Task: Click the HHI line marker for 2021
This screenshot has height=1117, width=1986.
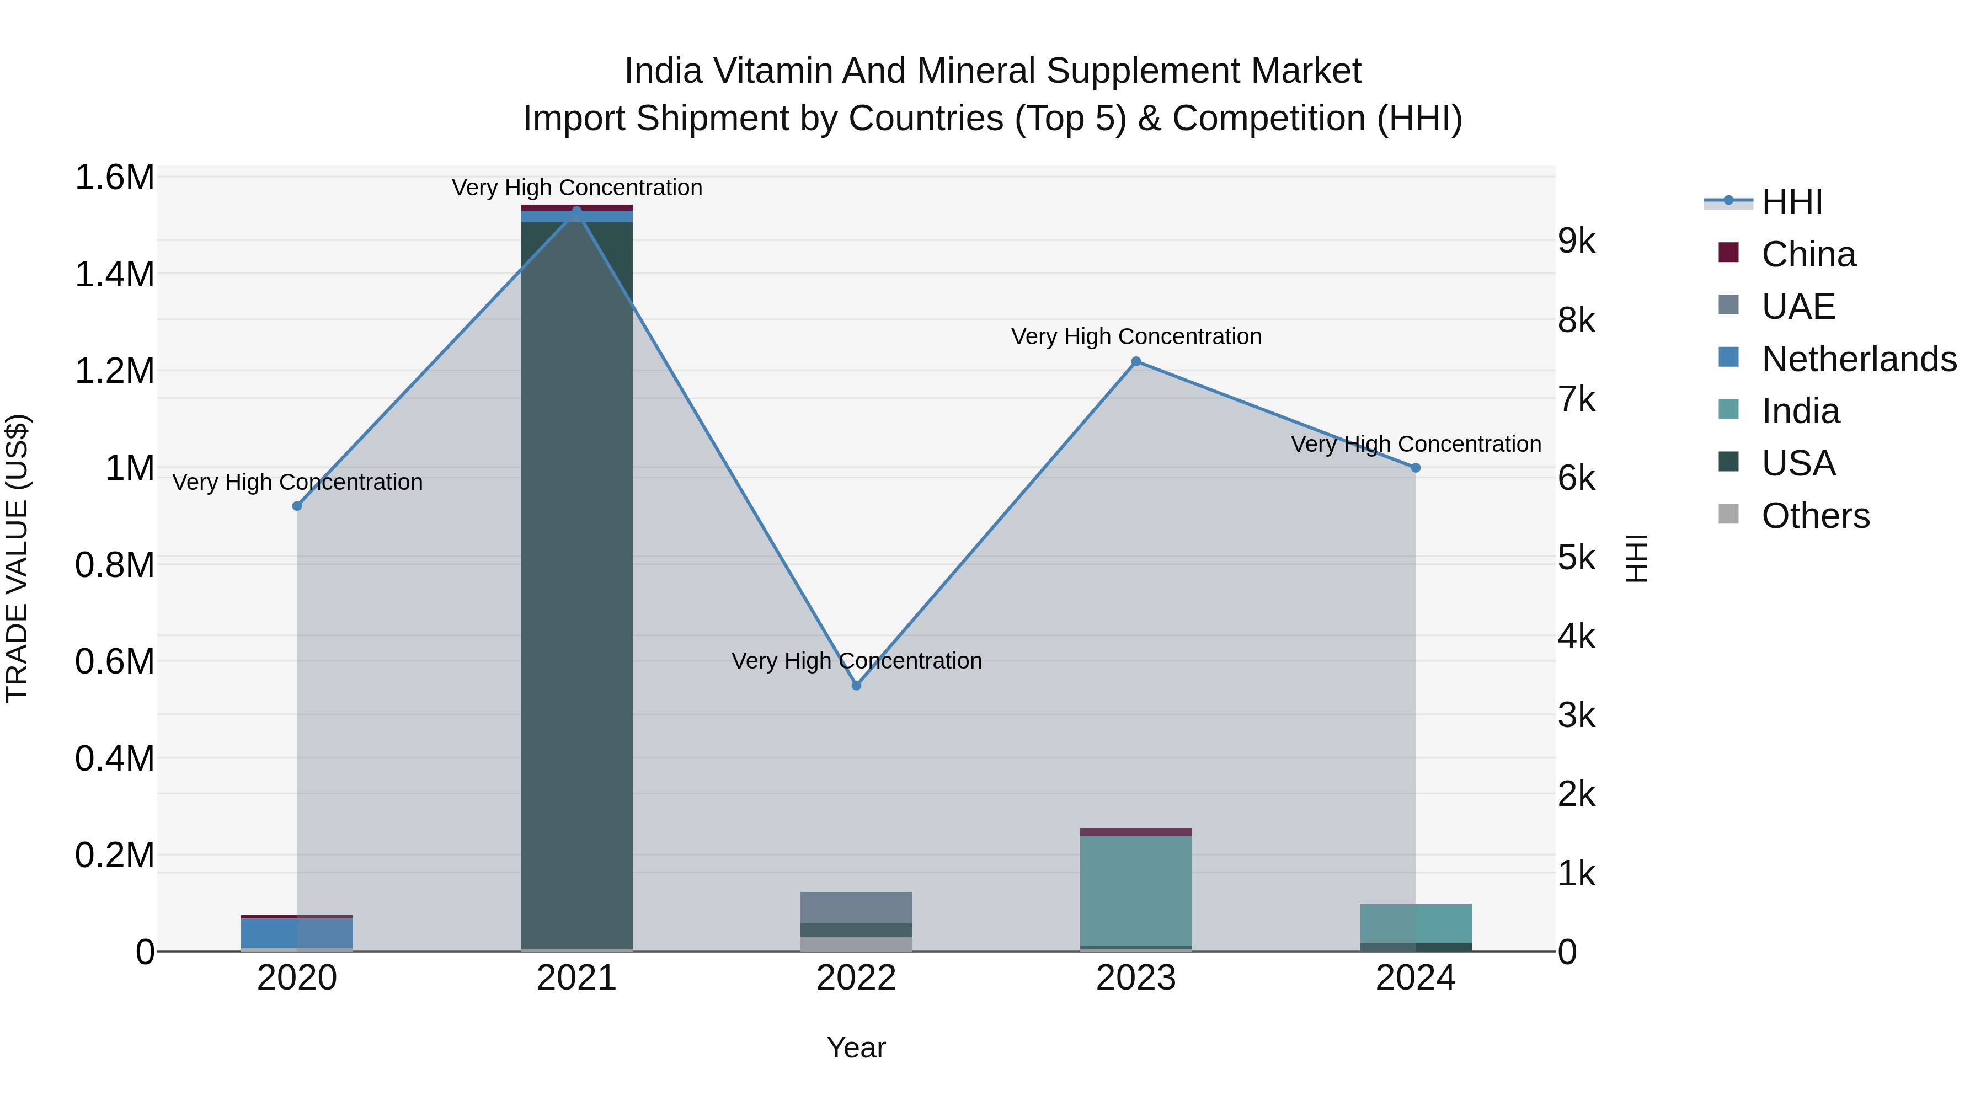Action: tap(576, 211)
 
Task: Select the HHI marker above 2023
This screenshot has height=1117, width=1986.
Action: tap(1136, 361)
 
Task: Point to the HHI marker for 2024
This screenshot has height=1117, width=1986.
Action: tap(1416, 468)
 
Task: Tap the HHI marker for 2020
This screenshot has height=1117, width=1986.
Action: tap(297, 506)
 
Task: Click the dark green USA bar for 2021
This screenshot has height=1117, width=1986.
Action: tap(576, 586)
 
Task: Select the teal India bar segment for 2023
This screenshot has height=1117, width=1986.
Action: tap(1136, 890)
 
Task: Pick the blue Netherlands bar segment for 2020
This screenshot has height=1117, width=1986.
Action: tap(297, 933)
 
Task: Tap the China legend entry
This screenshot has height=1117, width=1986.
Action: tap(1808, 254)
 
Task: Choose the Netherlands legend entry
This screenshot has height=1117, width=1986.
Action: tap(1858, 359)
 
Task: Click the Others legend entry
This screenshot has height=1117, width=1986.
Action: tap(1815, 516)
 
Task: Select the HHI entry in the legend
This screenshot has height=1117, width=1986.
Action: tap(1791, 202)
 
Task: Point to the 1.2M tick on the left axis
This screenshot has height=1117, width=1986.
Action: tap(114, 371)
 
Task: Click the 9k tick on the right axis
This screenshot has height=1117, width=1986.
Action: tap(1577, 241)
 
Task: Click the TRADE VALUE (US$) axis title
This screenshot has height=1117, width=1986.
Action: tap(17, 558)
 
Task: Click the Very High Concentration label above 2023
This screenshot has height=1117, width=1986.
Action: tap(1136, 337)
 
